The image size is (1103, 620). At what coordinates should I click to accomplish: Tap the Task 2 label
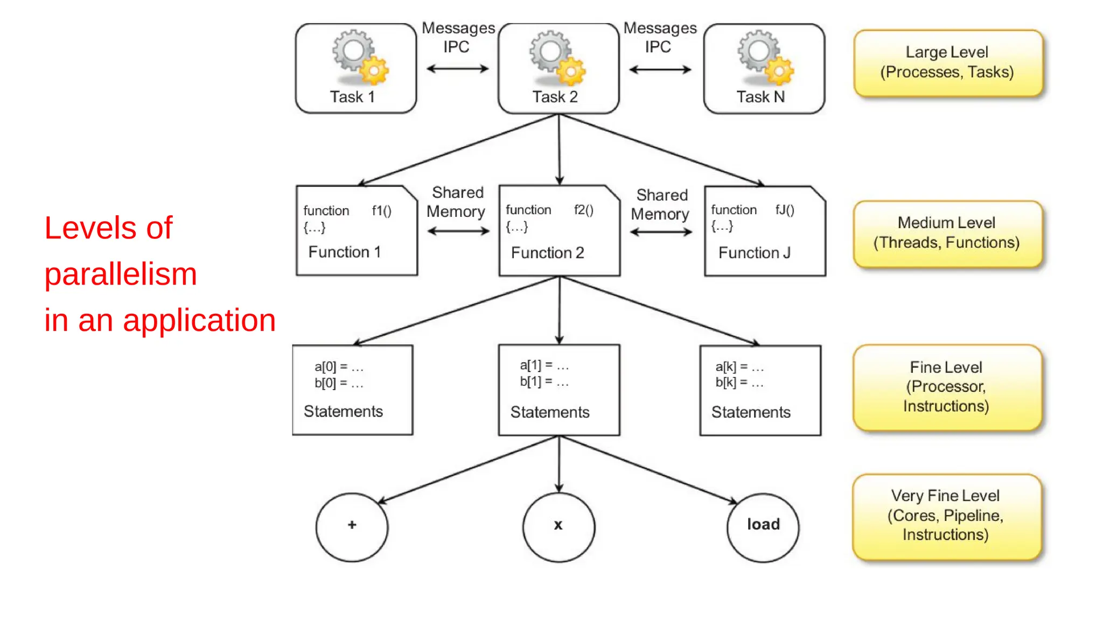[x=555, y=97]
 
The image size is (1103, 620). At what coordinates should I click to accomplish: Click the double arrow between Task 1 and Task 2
[x=457, y=69]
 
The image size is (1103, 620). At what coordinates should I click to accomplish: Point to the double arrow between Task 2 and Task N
[x=660, y=69]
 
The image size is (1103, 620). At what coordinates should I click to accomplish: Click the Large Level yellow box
[x=947, y=62]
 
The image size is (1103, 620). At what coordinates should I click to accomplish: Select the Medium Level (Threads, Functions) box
[x=947, y=233]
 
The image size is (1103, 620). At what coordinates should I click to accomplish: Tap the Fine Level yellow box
[x=946, y=386]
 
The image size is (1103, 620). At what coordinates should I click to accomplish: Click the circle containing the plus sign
[x=352, y=526]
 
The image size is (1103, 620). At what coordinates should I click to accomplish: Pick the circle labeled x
[x=559, y=526]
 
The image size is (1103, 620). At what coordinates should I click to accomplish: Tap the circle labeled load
[x=763, y=526]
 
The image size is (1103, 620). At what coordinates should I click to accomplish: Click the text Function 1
[x=344, y=252]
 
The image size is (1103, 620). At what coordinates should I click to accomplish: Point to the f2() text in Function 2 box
[x=583, y=210]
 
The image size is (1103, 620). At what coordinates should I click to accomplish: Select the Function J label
[x=754, y=253]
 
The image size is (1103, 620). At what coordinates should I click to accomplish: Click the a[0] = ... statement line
[x=339, y=367]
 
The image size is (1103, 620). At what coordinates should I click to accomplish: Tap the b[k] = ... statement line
[x=739, y=383]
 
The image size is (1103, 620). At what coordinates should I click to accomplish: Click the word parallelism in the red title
[x=121, y=274]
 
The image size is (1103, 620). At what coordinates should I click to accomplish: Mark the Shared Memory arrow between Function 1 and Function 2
[x=458, y=231]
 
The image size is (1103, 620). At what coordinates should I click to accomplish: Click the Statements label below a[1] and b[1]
[x=549, y=412]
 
